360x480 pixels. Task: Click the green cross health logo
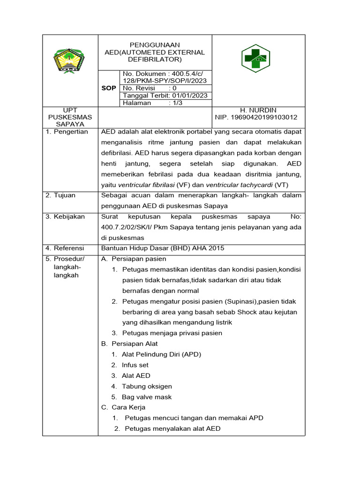tap(255, 59)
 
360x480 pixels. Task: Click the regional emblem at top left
tap(69, 61)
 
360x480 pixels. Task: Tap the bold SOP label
tap(109, 88)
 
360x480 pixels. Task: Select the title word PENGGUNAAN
tap(155, 45)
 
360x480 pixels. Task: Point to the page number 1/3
tap(177, 103)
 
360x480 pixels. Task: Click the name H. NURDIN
tap(258, 110)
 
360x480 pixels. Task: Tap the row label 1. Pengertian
tap(67, 132)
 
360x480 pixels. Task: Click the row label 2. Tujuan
tap(60, 195)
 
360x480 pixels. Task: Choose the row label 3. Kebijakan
tap(65, 217)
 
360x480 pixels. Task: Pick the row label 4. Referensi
tap(65, 248)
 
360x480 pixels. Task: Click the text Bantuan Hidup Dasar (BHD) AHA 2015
tap(162, 248)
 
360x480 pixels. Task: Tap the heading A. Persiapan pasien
tap(134, 259)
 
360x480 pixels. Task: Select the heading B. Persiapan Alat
tap(129, 344)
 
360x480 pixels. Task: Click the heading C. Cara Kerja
tap(123, 407)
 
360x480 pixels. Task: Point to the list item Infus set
tap(135, 365)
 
